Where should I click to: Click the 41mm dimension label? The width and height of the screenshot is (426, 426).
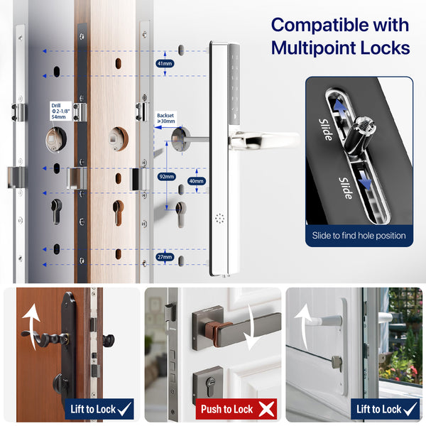point(165,64)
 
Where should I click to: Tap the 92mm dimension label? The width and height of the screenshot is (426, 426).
point(167,177)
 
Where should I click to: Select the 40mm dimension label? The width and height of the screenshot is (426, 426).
point(197,181)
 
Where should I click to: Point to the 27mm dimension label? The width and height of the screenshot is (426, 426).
point(165,257)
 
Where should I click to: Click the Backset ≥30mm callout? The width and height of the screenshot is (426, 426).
point(165,118)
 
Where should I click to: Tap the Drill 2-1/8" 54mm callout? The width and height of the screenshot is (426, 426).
point(60,111)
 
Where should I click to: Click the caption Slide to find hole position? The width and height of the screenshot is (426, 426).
point(359,235)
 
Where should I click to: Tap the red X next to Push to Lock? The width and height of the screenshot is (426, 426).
point(266,409)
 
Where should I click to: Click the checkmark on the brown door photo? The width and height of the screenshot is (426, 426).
point(124,409)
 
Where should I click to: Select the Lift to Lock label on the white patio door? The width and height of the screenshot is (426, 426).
point(378,409)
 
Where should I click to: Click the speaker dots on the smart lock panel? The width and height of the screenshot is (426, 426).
point(219,218)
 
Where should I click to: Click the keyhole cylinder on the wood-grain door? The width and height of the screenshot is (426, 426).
point(118,213)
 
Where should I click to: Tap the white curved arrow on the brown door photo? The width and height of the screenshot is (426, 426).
point(32,326)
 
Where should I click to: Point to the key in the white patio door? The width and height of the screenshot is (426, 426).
point(337,364)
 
